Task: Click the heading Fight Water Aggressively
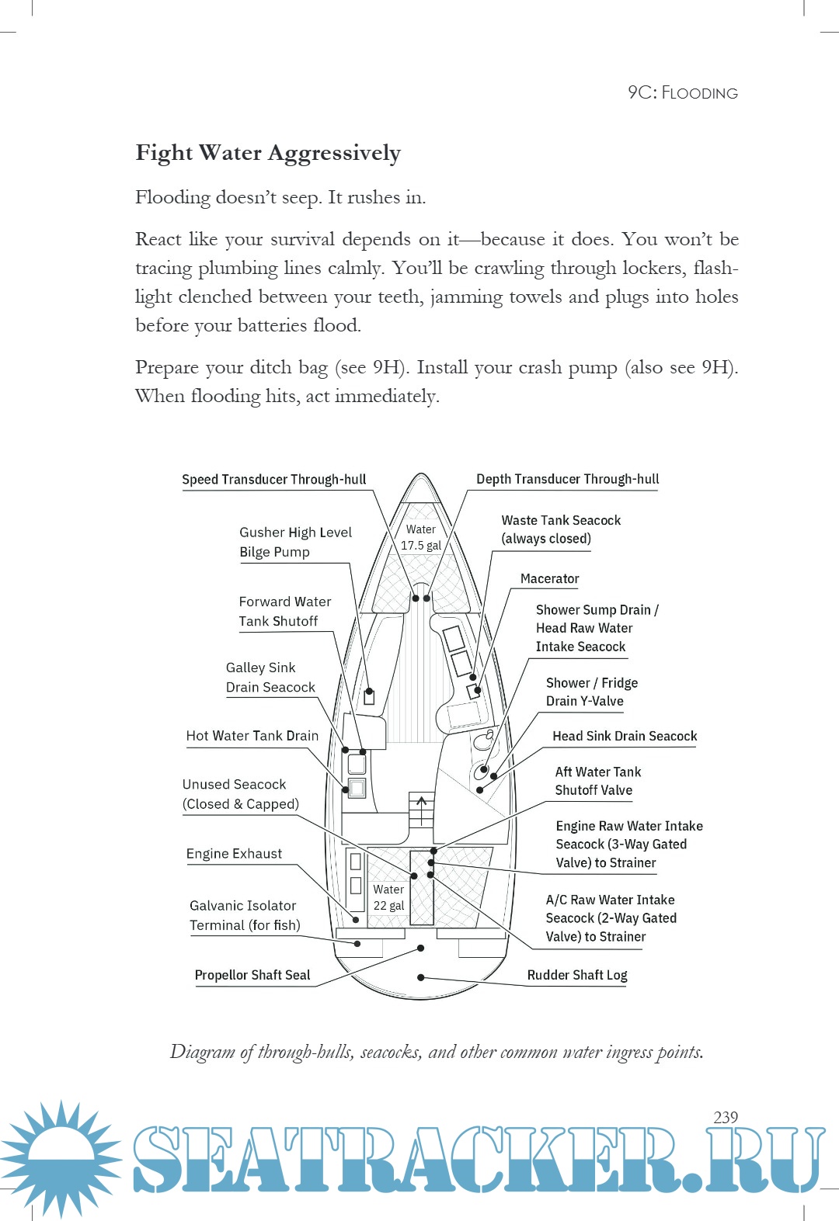(268, 153)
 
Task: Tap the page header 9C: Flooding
(682, 92)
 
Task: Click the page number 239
(725, 1117)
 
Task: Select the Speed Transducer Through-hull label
(273, 479)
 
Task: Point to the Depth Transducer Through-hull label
(567, 479)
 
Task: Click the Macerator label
(549, 578)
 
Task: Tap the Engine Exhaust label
(234, 853)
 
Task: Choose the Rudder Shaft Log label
(576, 975)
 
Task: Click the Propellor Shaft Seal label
(252, 975)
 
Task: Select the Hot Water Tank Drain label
(252, 735)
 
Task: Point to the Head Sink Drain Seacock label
(625, 736)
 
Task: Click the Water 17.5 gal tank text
(420, 537)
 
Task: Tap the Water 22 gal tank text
(388, 897)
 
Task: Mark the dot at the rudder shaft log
(420, 977)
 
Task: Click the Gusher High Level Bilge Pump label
(295, 542)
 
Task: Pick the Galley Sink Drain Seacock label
(270, 677)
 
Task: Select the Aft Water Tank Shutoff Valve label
(597, 781)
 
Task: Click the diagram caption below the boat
(437, 1052)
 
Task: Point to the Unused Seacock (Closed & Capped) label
(240, 794)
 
